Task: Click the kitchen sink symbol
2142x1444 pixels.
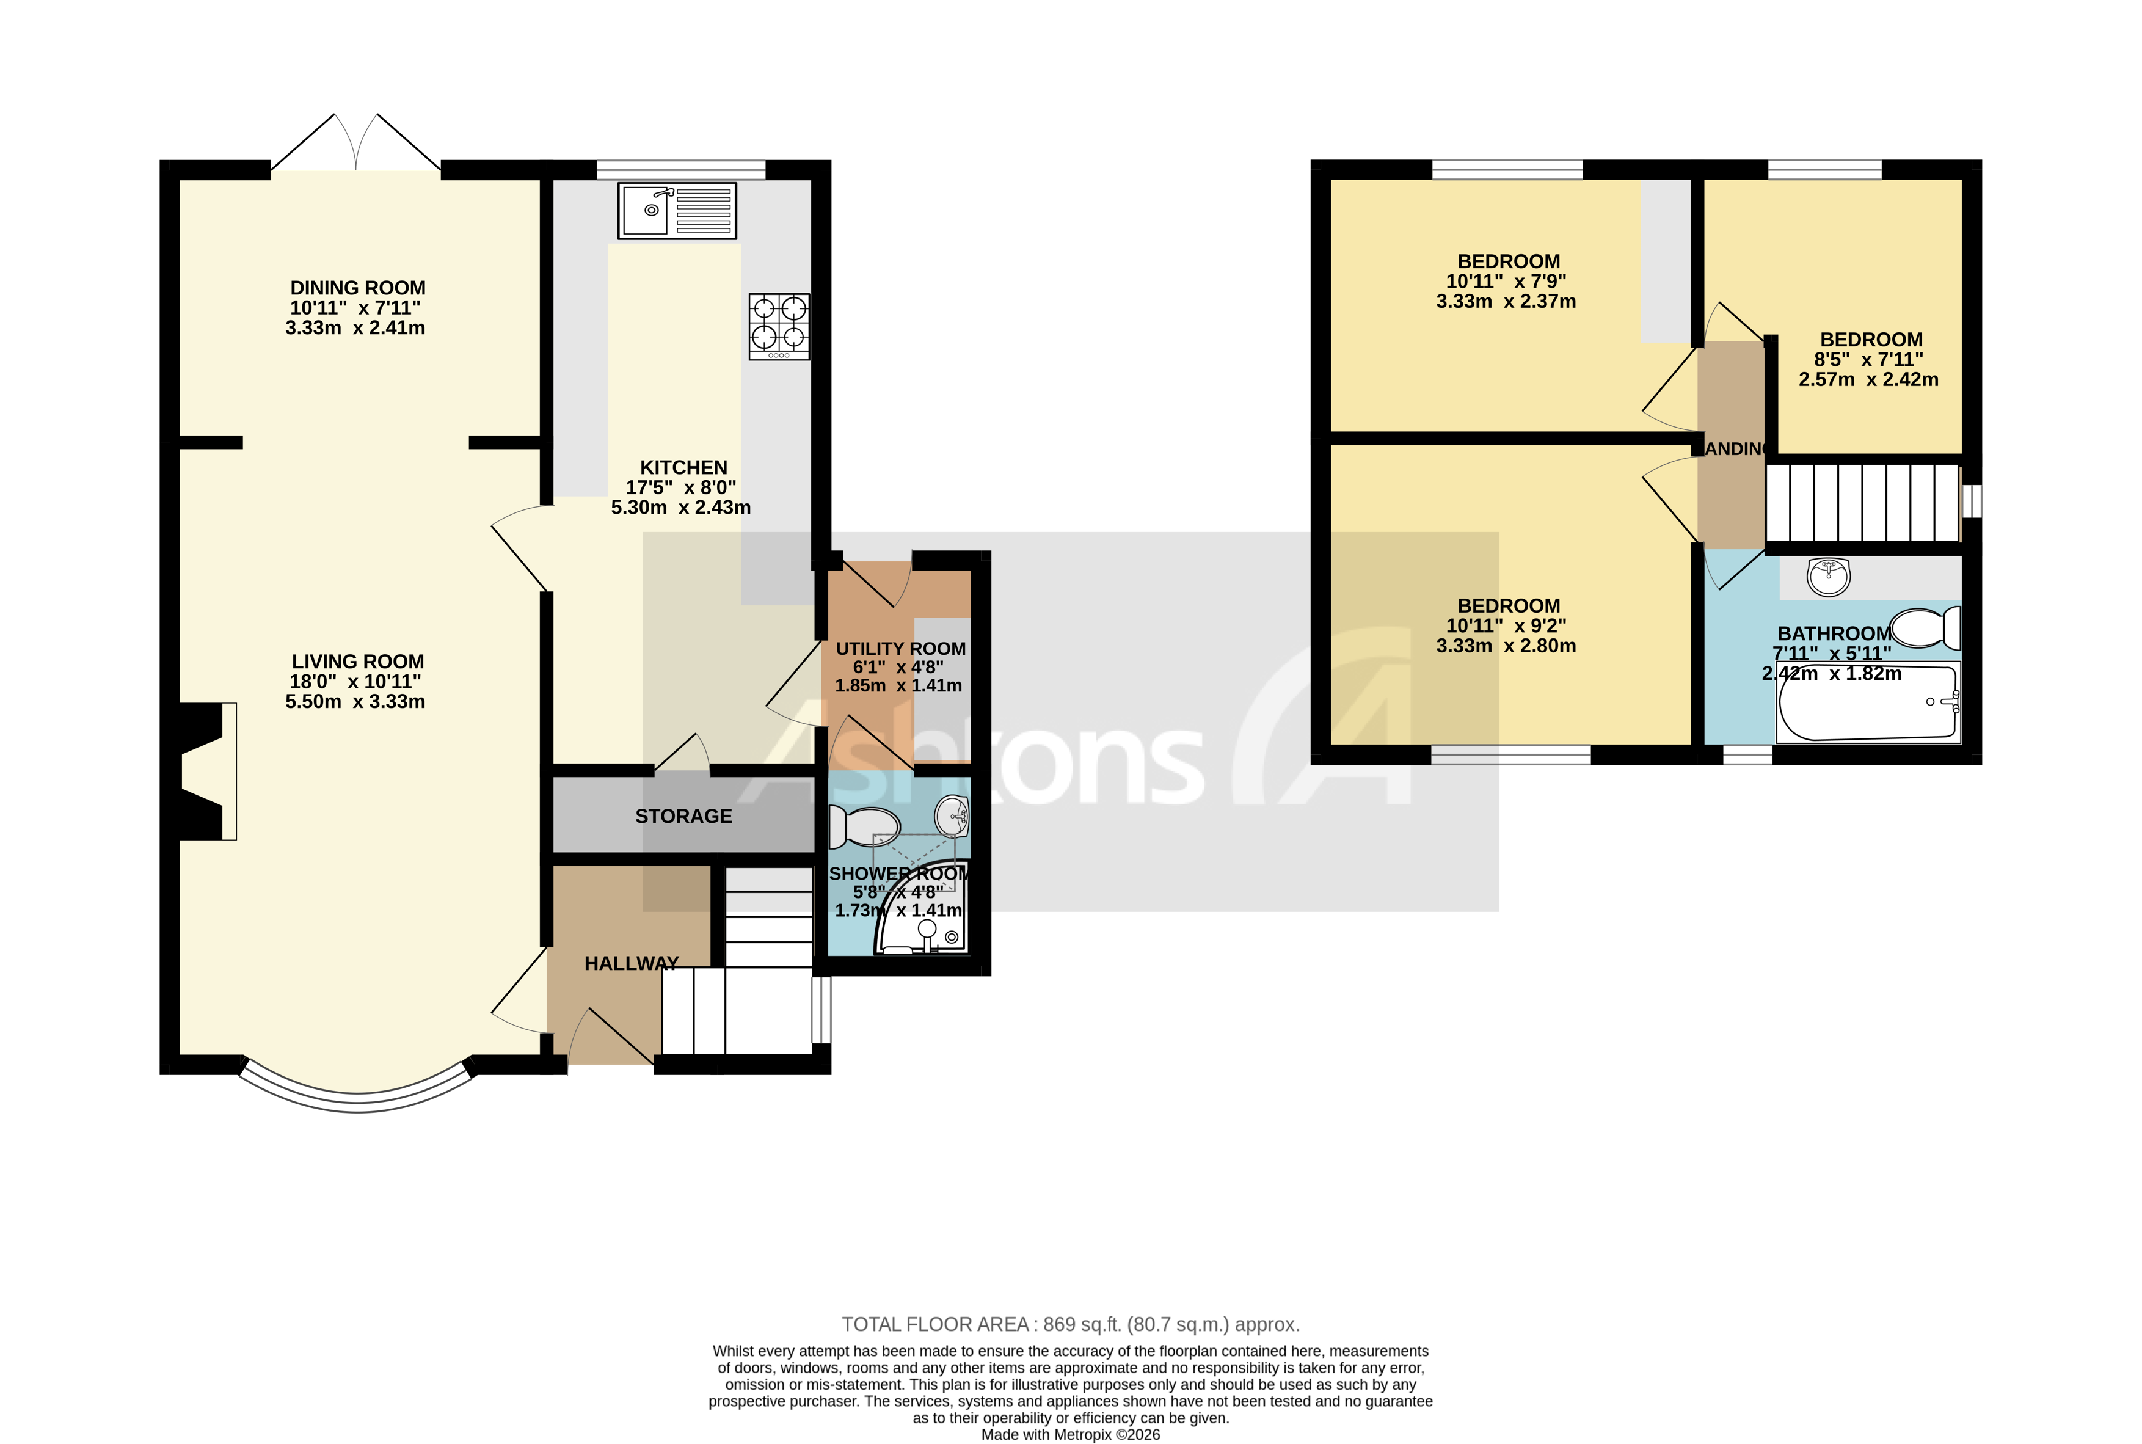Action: pos(677,211)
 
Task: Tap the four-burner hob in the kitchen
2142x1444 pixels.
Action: pos(779,326)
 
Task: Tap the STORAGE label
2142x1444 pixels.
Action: pos(683,816)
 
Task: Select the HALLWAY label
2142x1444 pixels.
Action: pos(631,963)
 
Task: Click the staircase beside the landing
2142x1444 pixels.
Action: pos(1862,503)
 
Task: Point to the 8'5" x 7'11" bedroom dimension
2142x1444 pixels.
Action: pos(1868,359)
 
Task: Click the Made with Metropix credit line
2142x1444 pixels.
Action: pos(1070,1434)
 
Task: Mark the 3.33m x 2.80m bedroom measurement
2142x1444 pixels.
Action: pos(1506,646)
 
